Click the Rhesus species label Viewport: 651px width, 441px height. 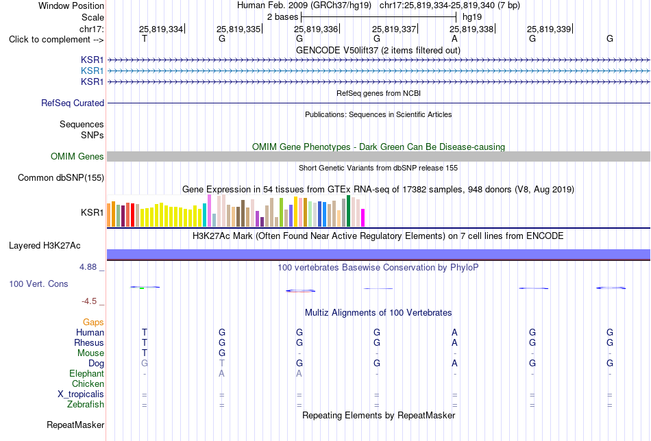click(x=89, y=342)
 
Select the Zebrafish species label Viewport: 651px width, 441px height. click(x=86, y=404)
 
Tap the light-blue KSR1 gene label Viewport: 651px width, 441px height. click(x=93, y=71)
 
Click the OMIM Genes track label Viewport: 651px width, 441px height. click(x=77, y=156)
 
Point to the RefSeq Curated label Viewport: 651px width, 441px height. click(x=73, y=103)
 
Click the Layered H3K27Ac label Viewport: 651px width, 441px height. click(x=45, y=246)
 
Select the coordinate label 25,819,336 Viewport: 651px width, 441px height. click(x=316, y=29)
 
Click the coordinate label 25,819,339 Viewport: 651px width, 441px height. click(x=549, y=29)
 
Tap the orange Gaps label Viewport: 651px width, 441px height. click(x=93, y=323)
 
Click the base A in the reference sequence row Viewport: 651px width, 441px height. click(x=454, y=39)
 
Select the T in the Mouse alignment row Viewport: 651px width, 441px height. click(x=145, y=353)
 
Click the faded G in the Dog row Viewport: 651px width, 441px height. click(x=145, y=364)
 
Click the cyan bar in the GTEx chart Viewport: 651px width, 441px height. click(x=204, y=215)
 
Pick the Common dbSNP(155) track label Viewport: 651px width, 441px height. click(x=61, y=177)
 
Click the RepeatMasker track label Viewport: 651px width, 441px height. click(x=75, y=425)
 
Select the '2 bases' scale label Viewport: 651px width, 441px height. click(x=282, y=17)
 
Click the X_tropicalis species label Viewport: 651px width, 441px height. click(x=81, y=394)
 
